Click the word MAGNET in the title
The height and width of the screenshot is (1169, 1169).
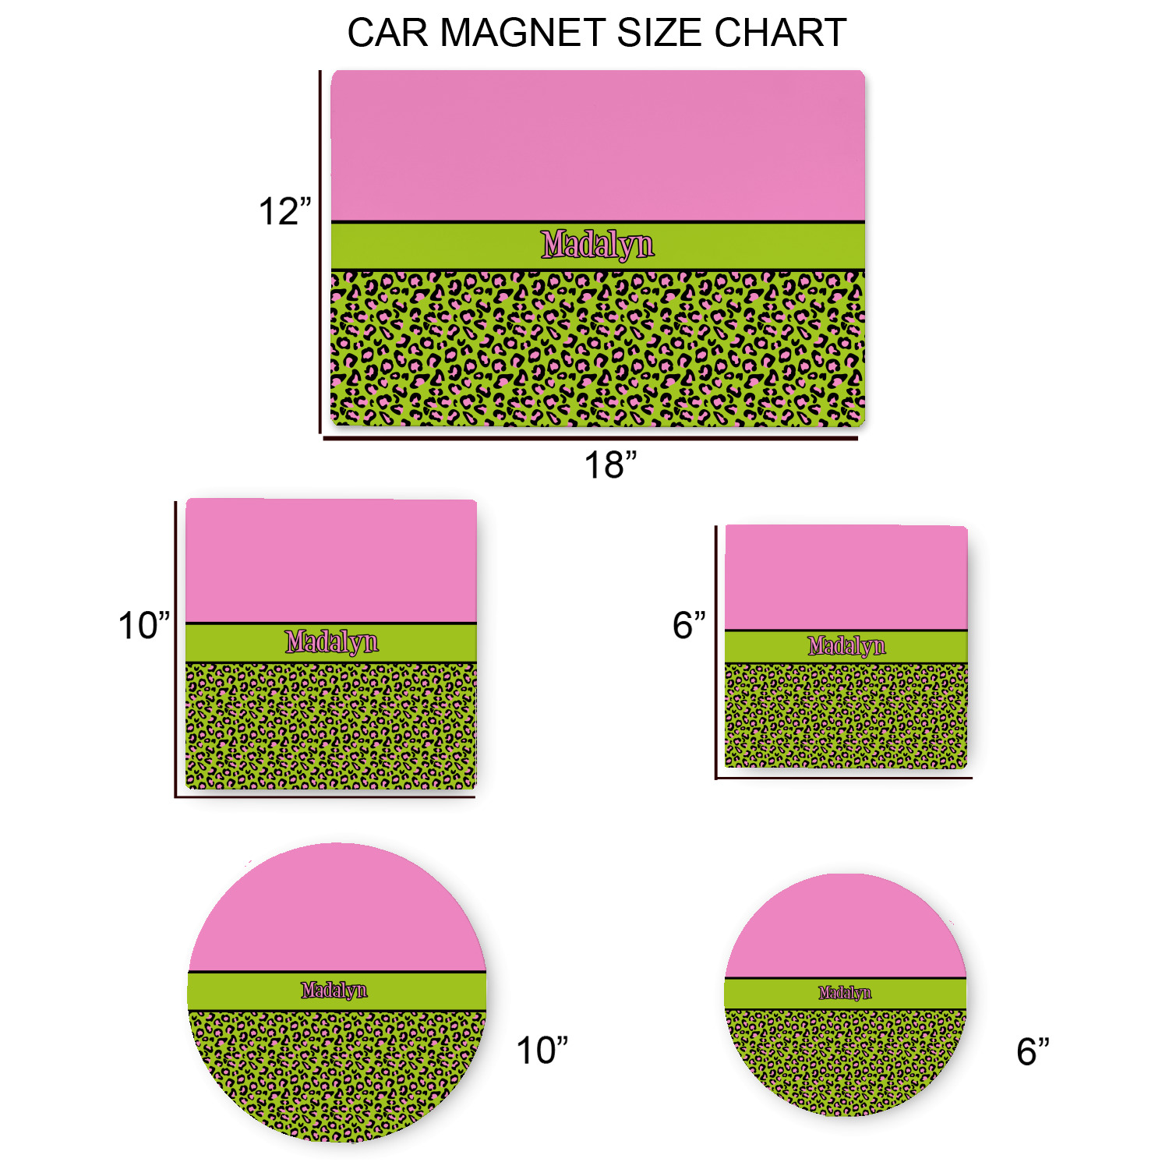[x=523, y=33]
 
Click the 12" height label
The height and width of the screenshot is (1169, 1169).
[x=284, y=212]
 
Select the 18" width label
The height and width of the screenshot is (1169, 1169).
[x=610, y=465]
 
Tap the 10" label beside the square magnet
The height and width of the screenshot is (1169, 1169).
[x=143, y=626]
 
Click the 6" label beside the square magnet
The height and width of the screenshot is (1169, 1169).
[x=689, y=625]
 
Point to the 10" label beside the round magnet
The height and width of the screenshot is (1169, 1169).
[x=542, y=1051]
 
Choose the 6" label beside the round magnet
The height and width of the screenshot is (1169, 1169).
[x=1033, y=1051]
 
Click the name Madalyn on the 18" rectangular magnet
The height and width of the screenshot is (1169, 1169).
[x=598, y=245]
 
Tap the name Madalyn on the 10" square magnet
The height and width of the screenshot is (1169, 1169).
[x=331, y=642]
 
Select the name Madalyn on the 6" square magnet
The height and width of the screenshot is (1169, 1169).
[x=846, y=646]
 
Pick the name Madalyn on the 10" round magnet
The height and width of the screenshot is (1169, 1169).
[x=334, y=990]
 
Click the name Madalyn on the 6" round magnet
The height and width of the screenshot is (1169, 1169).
[x=845, y=993]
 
